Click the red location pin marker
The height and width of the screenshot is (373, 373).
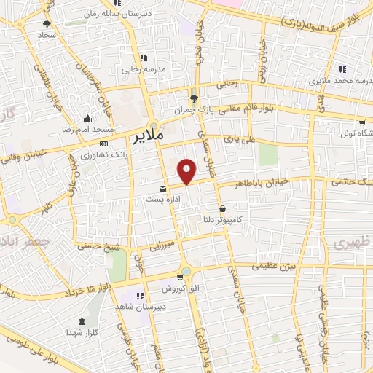click(187, 172)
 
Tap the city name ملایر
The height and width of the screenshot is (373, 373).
click(150, 136)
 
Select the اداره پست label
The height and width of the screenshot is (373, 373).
click(162, 198)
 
